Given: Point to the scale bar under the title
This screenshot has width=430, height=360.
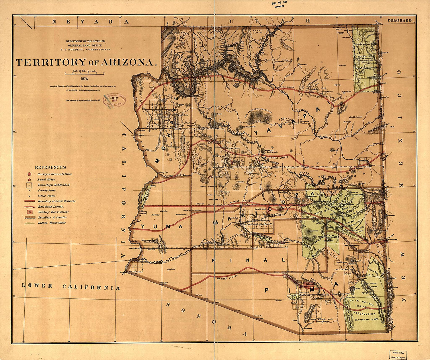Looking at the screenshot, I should coord(85,73).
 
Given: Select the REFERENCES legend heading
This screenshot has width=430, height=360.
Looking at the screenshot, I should coord(50,168).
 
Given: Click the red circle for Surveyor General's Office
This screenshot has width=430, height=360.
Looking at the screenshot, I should coord(30,174).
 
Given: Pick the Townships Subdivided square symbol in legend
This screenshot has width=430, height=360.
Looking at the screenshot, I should coord(30,185).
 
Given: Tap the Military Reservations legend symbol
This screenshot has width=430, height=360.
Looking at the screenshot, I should coord(30,212).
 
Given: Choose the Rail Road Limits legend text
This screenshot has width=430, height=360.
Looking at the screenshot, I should coord(51,206).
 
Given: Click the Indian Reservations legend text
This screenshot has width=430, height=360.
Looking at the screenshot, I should coord(52,223).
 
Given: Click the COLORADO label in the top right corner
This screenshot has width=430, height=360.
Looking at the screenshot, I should coord(399,20).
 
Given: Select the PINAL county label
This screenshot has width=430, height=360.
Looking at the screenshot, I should coord(248,260).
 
